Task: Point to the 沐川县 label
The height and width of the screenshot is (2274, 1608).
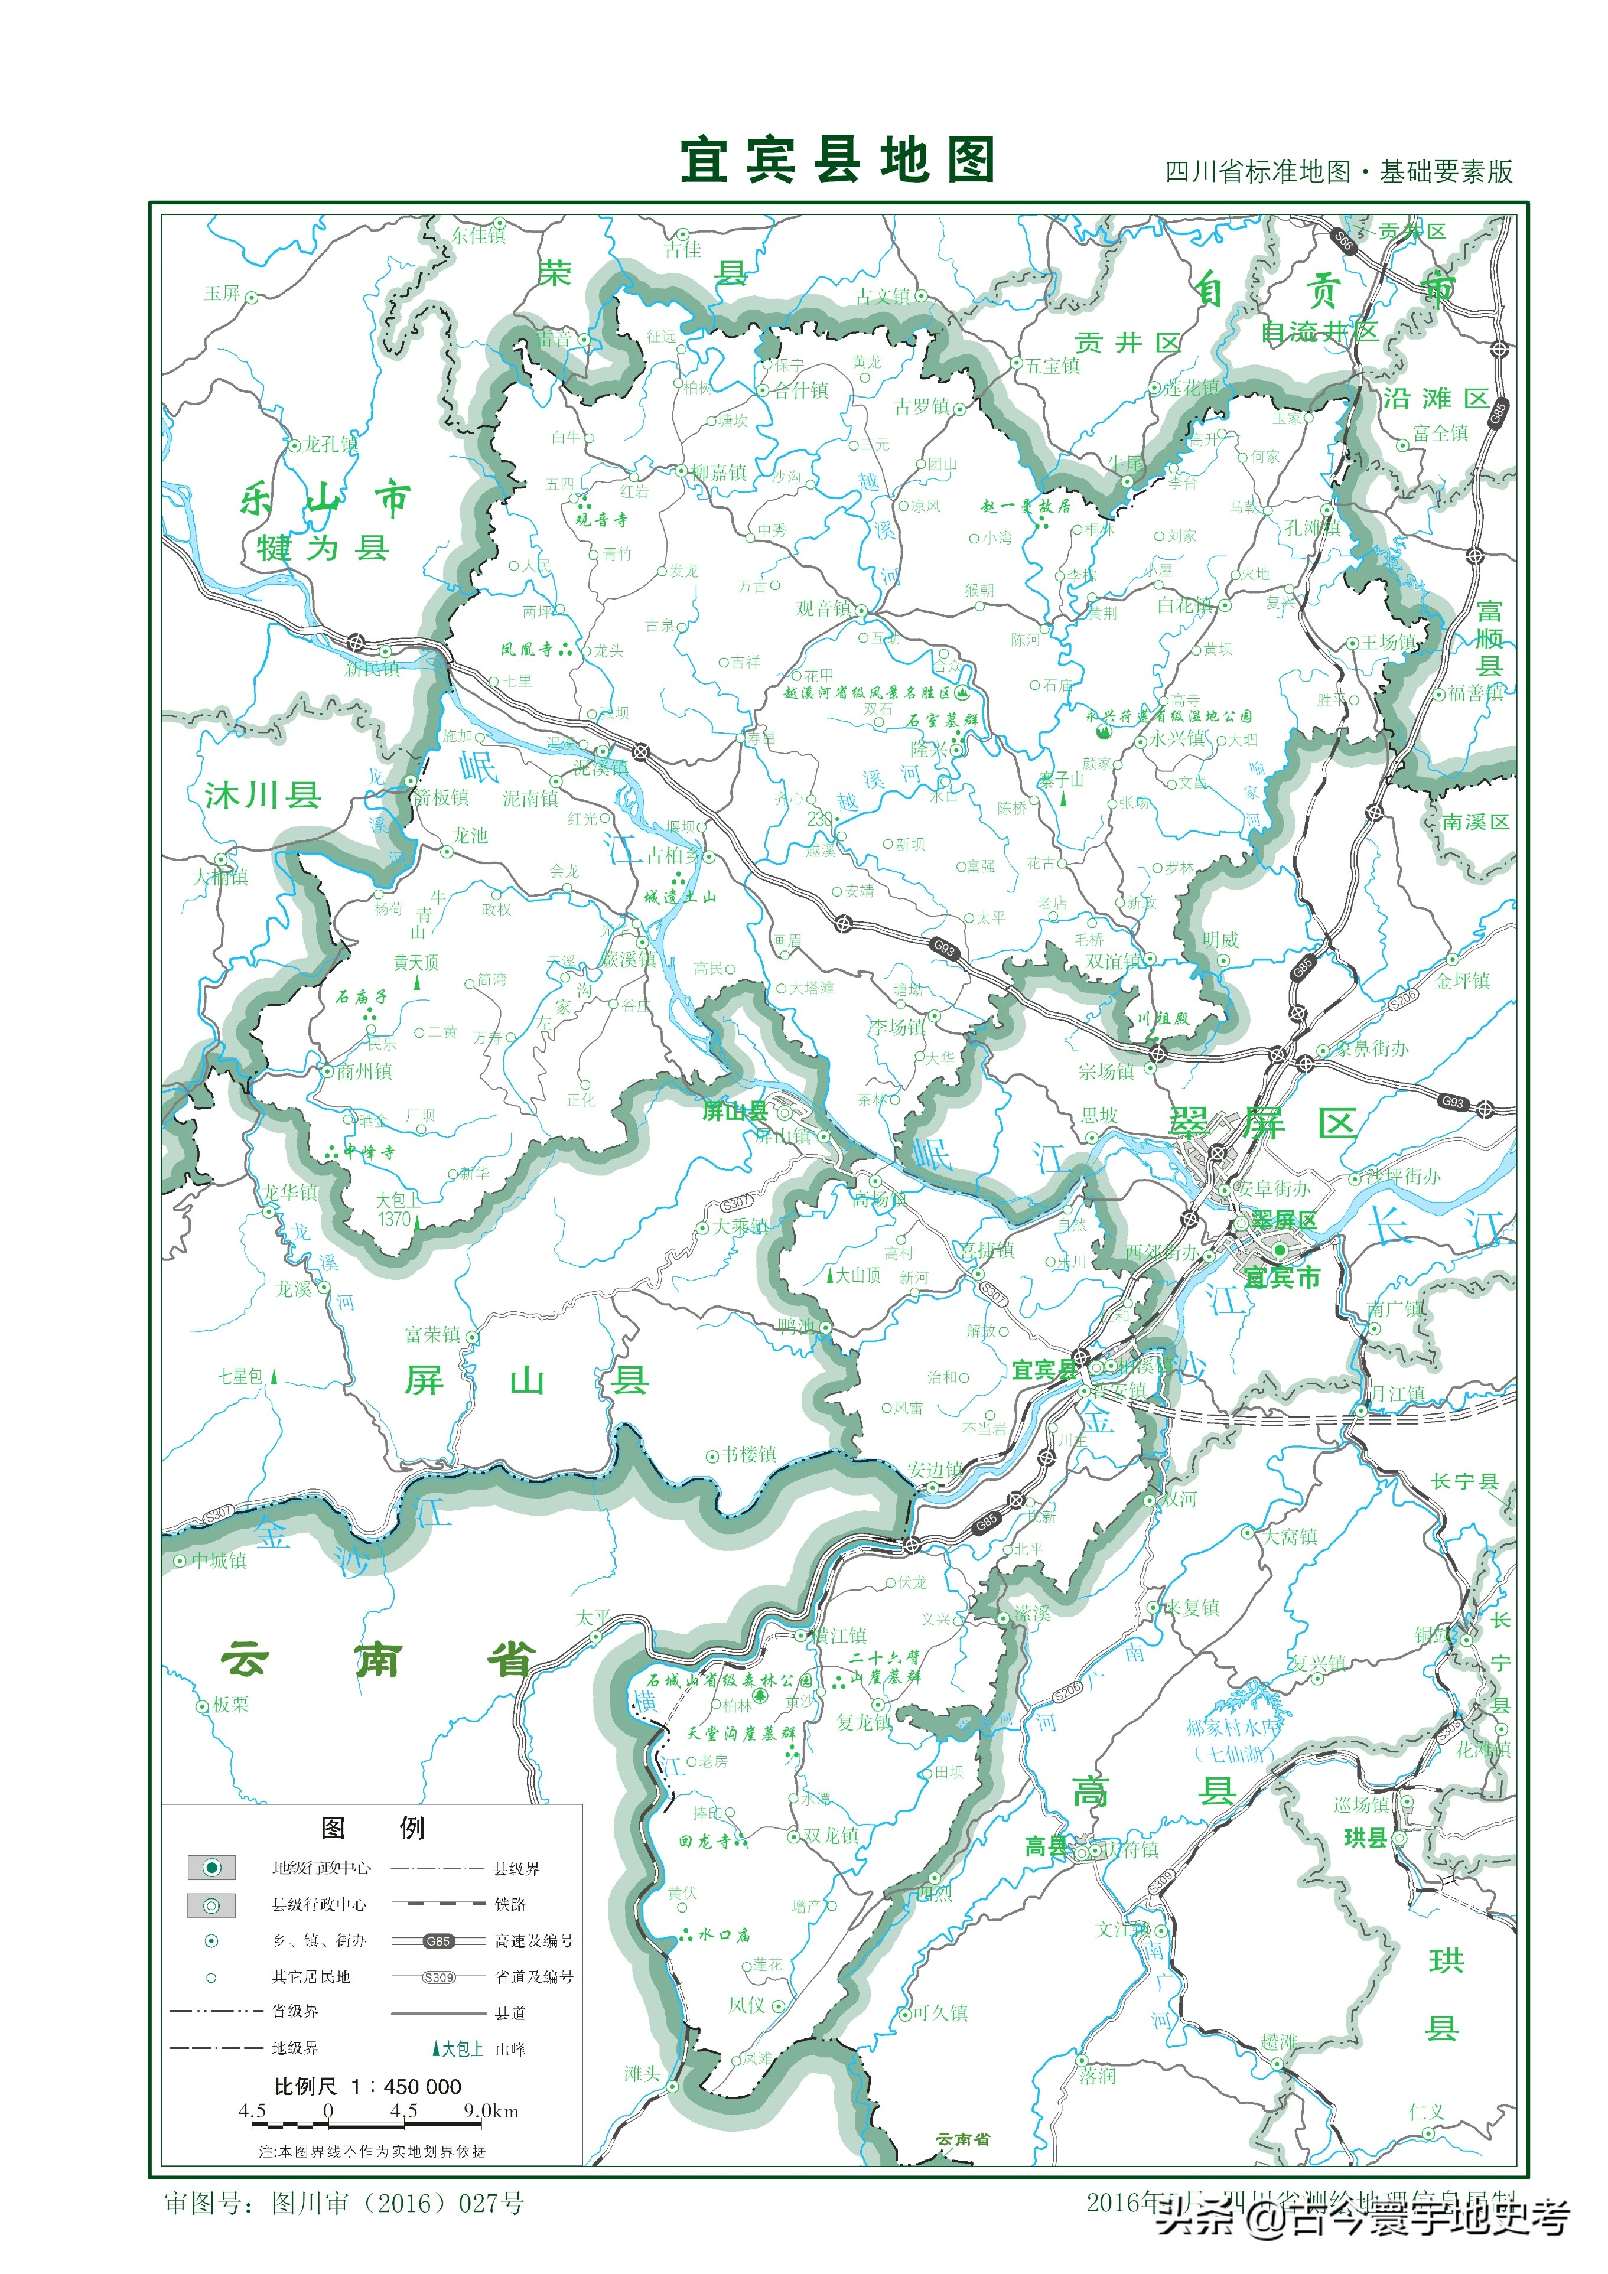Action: [262, 794]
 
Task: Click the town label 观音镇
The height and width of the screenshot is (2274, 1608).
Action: [824, 608]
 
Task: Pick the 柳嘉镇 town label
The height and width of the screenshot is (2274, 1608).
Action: [720, 473]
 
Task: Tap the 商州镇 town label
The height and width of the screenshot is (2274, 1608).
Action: [364, 1071]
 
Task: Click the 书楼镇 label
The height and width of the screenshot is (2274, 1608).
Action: [749, 1454]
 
